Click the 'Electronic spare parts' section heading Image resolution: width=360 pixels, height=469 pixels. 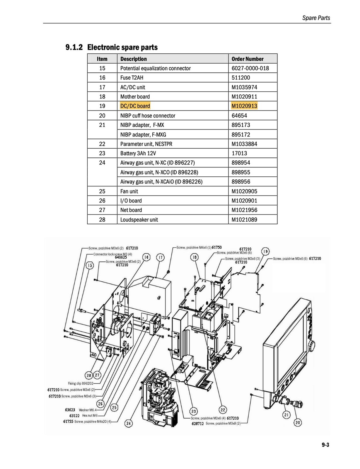click(122, 47)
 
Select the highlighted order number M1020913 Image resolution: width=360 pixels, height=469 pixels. click(244, 106)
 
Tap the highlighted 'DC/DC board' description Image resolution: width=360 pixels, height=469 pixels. click(135, 106)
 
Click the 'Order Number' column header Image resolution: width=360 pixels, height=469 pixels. click(248, 59)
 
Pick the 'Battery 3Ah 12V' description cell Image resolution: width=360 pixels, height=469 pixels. click(138, 153)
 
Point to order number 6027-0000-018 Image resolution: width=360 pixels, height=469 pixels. click(250, 68)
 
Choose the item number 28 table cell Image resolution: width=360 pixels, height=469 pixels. click(102, 220)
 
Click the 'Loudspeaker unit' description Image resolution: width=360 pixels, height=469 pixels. click(139, 220)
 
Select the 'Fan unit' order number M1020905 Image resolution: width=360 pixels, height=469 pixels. click(244, 191)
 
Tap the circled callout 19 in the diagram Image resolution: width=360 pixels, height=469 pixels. click(265, 252)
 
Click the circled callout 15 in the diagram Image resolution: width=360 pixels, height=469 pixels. click(90, 266)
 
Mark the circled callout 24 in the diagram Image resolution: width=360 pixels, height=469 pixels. click(129, 423)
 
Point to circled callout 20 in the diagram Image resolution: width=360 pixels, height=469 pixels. click(298, 422)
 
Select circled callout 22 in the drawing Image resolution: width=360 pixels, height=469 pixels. click(223, 410)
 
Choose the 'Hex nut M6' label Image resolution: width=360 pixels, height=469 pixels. click(90, 416)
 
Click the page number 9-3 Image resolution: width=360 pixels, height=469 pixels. click(325, 445)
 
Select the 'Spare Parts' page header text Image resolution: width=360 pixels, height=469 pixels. click(316, 18)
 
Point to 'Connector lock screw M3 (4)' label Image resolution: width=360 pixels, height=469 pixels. click(113, 254)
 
